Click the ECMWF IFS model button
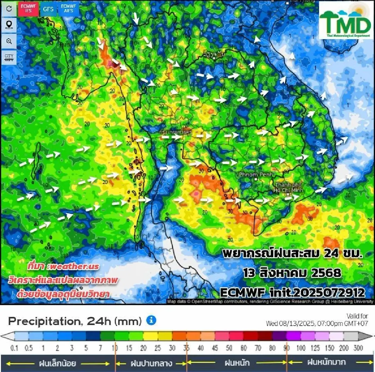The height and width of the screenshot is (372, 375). [28, 8]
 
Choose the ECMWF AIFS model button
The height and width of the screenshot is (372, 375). [68, 8]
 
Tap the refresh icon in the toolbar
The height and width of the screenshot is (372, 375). [9, 8]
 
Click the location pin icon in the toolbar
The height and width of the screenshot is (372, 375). [9, 25]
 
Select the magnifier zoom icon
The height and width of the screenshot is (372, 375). [9, 41]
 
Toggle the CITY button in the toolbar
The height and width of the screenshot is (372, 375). [9, 58]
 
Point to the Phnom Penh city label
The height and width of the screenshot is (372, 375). [255, 175]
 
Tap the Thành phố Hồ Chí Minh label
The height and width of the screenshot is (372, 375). [288, 187]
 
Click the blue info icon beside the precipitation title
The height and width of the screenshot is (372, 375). [151, 320]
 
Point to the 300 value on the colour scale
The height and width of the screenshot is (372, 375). [358, 348]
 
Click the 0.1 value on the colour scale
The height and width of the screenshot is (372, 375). [14, 348]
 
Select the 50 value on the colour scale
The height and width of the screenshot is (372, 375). [229, 348]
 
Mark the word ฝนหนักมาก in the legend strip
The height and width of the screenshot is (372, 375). [327, 362]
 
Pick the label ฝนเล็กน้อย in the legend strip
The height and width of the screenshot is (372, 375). [57, 363]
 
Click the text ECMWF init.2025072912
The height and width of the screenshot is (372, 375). [292, 293]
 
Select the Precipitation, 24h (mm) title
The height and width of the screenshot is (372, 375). [75, 321]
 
